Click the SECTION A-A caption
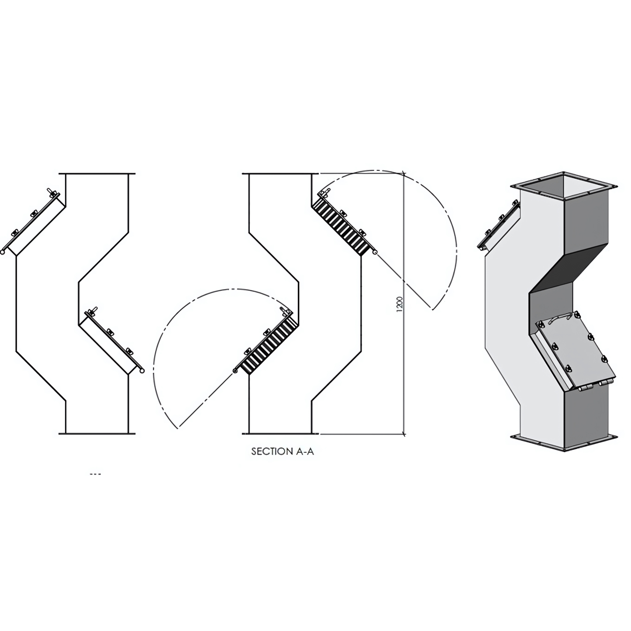[282, 452]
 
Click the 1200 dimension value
[400, 304]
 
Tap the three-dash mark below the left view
[95, 474]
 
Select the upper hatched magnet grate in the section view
[342, 225]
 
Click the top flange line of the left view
[97, 174]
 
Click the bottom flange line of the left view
[97, 434]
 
